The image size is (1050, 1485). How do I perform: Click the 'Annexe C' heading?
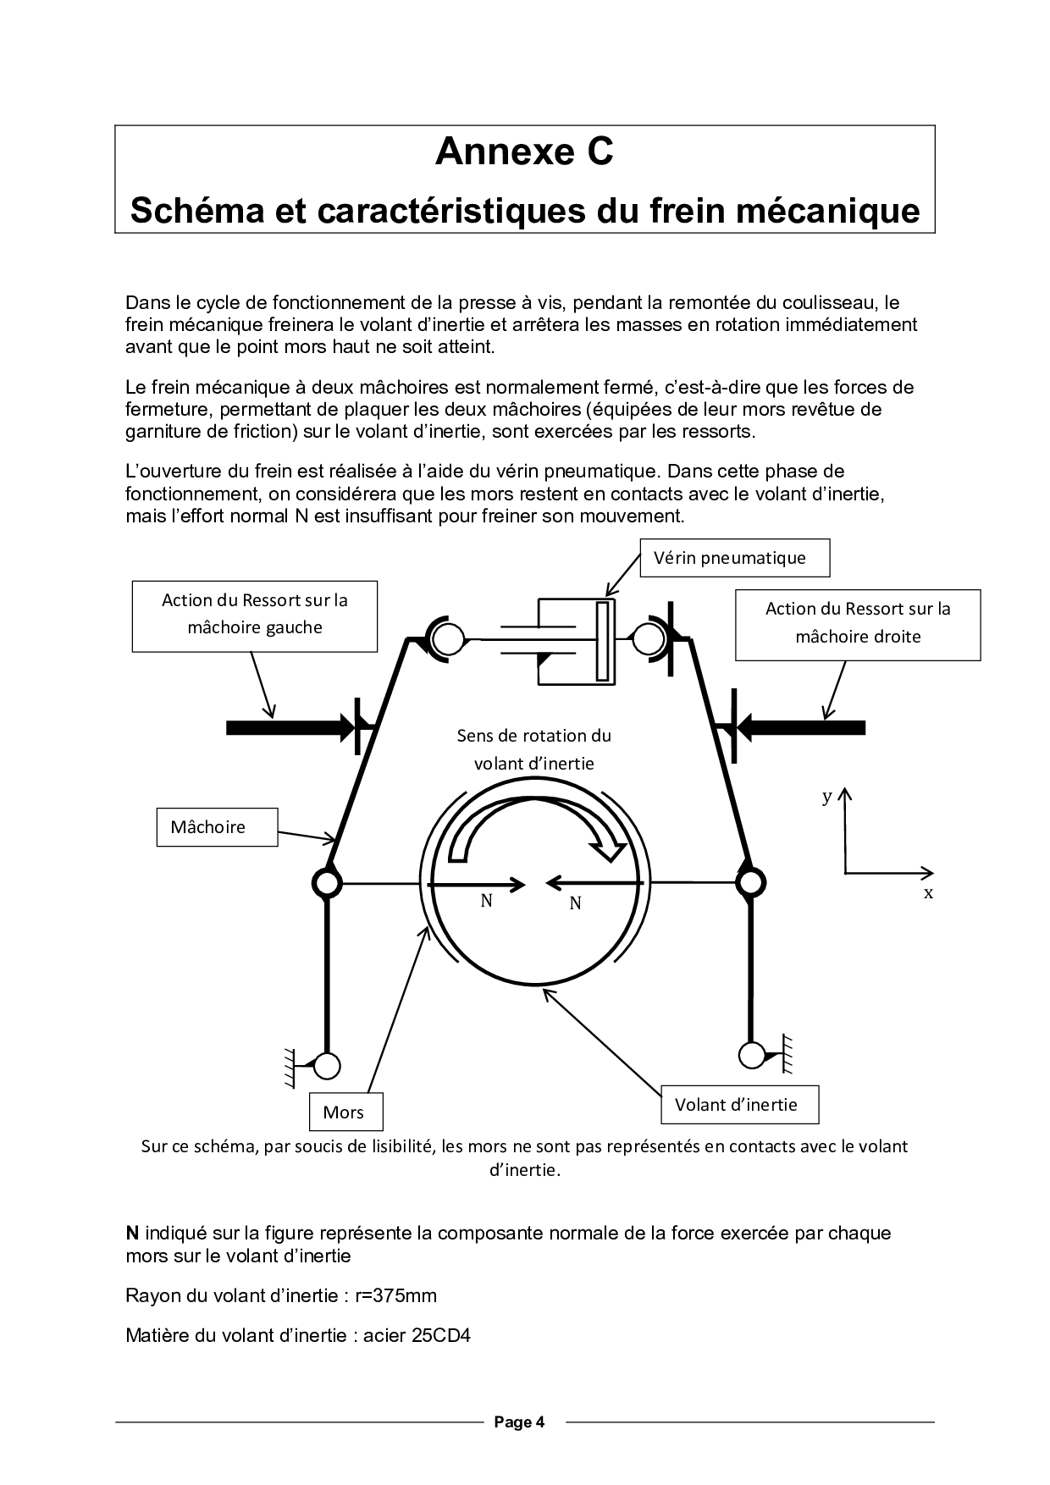(524, 152)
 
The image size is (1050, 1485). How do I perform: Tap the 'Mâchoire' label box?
(217, 827)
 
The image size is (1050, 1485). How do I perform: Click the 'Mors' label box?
(343, 1112)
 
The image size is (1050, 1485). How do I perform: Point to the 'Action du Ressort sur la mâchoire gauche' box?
(255, 615)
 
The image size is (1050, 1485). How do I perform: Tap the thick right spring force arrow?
(804, 726)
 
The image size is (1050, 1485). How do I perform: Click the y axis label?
(827, 797)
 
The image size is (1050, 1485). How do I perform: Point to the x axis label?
(928, 893)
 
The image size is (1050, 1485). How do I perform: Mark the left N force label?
(487, 901)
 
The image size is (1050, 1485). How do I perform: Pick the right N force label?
(575, 903)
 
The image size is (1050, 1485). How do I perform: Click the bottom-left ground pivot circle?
(327, 1065)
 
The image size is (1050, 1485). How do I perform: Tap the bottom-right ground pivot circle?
(750, 1055)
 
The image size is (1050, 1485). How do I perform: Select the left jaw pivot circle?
(327, 883)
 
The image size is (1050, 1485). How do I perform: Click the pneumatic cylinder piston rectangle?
(603, 641)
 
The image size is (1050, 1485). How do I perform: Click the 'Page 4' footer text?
(519, 1422)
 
